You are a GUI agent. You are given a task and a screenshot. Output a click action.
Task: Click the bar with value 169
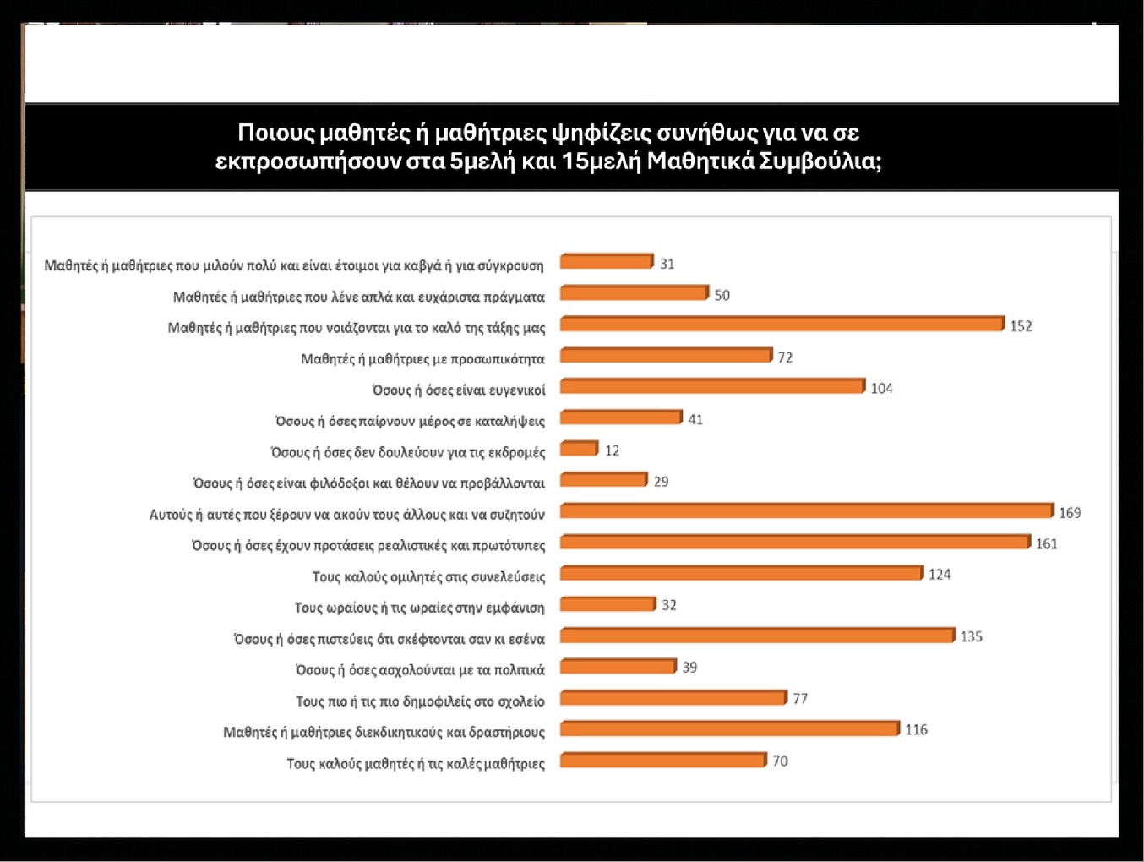[x=807, y=510]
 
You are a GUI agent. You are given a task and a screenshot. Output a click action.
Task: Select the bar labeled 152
[x=782, y=324]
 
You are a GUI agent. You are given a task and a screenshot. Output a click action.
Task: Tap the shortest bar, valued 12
[x=579, y=448]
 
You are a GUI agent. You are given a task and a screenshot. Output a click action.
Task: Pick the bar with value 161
[x=795, y=542]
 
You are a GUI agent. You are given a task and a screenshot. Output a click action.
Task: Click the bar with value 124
[x=741, y=573]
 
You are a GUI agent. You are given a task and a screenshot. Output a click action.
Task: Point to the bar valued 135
[x=757, y=635]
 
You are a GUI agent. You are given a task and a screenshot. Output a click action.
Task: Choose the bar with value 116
[x=729, y=728]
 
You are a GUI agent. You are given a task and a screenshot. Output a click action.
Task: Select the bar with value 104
[x=712, y=386]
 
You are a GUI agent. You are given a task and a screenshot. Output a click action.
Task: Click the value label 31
[x=667, y=264]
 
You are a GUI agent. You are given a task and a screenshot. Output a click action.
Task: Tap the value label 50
[x=722, y=295]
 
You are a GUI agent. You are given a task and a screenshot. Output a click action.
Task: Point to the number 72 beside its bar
[x=785, y=357]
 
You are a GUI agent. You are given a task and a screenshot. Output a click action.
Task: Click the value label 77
[x=800, y=699]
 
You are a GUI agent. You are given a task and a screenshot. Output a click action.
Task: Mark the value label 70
[x=780, y=761]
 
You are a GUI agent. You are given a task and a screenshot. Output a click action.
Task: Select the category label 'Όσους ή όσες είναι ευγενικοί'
[x=459, y=390]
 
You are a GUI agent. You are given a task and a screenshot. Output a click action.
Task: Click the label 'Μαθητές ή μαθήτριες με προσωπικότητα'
[x=422, y=359]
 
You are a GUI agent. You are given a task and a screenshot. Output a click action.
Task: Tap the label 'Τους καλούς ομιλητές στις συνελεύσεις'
[x=428, y=576]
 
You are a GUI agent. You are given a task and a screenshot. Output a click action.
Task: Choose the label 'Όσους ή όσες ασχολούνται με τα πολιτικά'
[x=420, y=670]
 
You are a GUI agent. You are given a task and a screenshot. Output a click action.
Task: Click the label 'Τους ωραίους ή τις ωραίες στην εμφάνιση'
[x=419, y=608]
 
